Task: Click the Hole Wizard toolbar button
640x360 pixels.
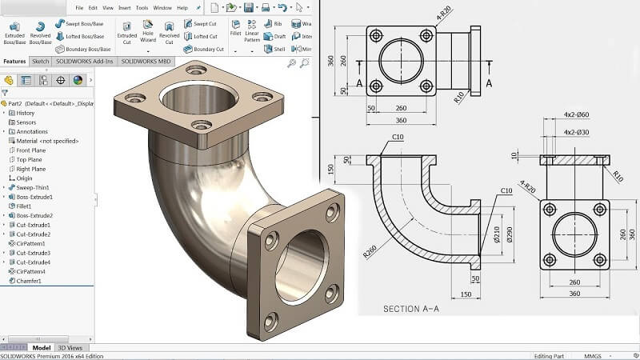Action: pos(148,32)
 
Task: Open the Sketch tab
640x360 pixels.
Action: pos(40,61)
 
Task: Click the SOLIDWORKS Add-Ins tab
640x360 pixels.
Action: pos(85,61)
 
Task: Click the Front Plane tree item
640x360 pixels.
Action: pos(31,150)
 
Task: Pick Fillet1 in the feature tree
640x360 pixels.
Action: pos(26,206)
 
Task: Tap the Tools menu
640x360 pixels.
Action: pos(142,7)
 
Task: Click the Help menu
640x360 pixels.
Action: pos(182,7)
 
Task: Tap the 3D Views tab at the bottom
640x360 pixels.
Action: pos(69,348)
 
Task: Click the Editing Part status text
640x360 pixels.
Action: pos(550,355)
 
